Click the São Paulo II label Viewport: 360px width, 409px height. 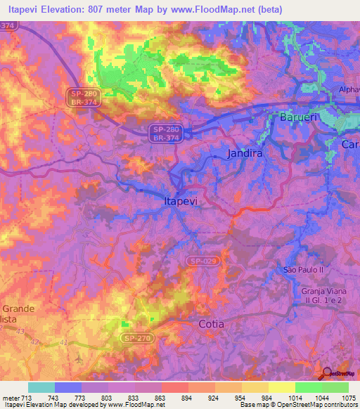(302, 270)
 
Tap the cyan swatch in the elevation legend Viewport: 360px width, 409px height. (41, 387)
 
